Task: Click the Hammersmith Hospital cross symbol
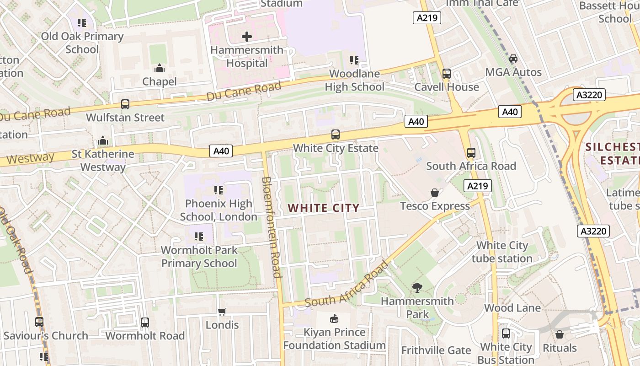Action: click(x=247, y=37)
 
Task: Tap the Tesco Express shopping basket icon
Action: click(x=435, y=193)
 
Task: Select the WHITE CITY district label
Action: click(x=323, y=208)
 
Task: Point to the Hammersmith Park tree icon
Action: click(x=417, y=288)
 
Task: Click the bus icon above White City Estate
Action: click(x=336, y=135)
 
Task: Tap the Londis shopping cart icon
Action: click(x=222, y=312)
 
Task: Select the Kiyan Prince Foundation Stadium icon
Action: click(x=335, y=318)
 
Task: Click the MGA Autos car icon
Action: click(x=513, y=59)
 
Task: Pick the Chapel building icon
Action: click(x=160, y=68)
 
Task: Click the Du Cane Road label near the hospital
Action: click(x=244, y=91)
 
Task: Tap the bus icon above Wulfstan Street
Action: click(x=125, y=104)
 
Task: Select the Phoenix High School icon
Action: click(x=219, y=190)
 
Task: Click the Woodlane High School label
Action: click(x=354, y=80)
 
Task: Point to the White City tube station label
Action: click(x=502, y=252)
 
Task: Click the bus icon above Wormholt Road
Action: click(x=145, y=322)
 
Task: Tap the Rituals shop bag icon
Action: click(x=560, y=334)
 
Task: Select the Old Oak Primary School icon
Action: click(x=82, y=23)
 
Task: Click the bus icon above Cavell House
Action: click(x=447, y=73)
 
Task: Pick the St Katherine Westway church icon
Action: click(x=103, y=140)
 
